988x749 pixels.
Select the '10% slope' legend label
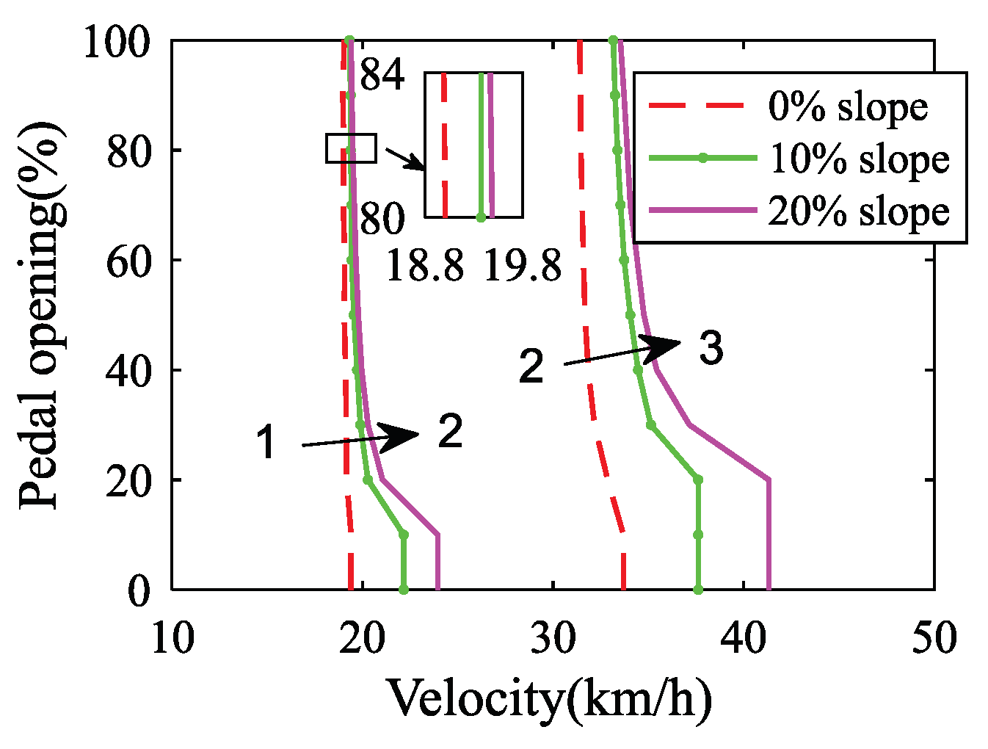pos(859,159)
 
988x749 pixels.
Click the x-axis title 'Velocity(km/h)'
pos(549,698)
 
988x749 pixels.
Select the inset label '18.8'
pos(424,265)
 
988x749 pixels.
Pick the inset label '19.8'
pos(522,265)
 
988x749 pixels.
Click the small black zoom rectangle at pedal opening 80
pos(351,148)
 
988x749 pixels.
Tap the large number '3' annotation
pos(711,348)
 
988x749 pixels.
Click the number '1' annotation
pos(266,444)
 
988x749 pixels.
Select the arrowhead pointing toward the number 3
pos(661,347)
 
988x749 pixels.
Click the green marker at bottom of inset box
pos(481,217)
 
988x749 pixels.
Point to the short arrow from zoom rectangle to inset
pos(404,158)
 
